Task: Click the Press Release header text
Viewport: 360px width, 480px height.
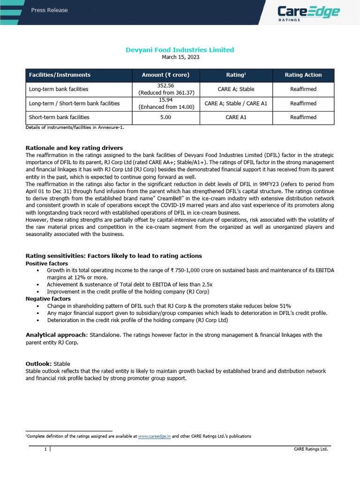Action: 49,10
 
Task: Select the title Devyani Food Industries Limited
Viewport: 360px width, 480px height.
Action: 180,50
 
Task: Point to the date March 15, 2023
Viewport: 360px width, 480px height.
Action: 180,57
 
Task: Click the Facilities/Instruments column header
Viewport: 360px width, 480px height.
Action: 60,75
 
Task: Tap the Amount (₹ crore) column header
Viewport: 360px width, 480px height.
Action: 167,75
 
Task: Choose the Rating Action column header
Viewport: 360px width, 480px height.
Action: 303,75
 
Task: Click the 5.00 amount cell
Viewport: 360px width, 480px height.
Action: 167,117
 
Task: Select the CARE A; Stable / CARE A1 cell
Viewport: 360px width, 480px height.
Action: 236,103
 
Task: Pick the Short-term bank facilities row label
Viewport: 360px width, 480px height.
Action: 59,117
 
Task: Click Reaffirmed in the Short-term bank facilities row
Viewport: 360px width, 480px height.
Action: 303,117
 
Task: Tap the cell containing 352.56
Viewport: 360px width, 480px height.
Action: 167,89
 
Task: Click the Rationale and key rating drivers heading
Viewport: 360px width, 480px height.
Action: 74,148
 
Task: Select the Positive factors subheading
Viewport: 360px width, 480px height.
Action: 46,263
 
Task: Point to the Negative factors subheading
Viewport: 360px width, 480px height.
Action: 48,299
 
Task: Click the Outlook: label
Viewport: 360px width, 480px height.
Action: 38,363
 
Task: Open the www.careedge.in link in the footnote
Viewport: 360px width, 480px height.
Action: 154,436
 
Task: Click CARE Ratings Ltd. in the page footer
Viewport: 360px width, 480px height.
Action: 310,449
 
